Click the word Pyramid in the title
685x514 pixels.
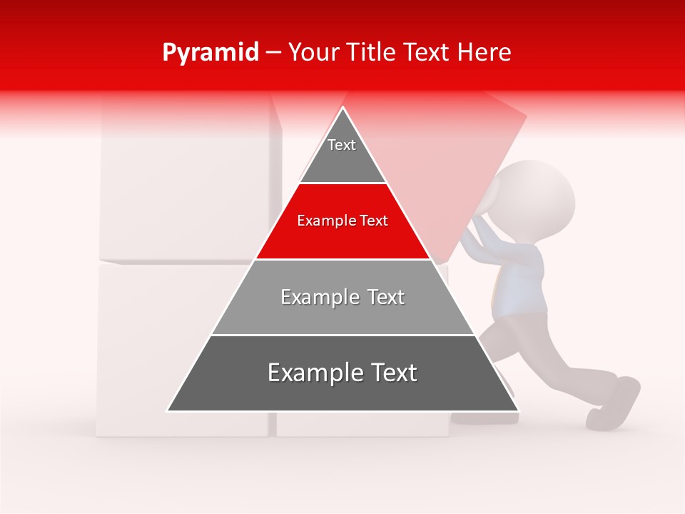click(210, 53)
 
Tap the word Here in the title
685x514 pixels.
click(484, 53)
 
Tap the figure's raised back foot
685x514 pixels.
click(615, 403)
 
